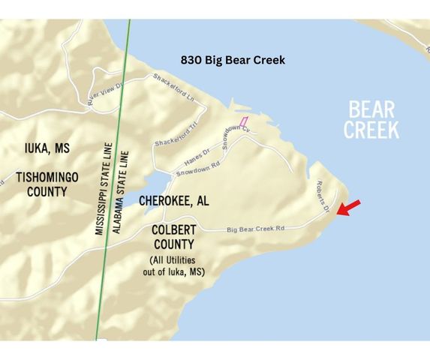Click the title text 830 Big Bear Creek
tap(233, 60)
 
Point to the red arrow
tap(348, 208)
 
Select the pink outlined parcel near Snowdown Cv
tap(243, 121)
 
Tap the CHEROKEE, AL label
tap(173, 201)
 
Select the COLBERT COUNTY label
tap(173, 237)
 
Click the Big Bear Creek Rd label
tap(255, 229)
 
